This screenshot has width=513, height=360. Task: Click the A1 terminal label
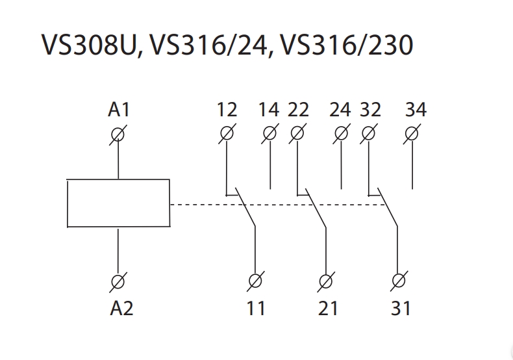coord(119,110)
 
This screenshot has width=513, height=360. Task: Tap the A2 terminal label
coord(121,307)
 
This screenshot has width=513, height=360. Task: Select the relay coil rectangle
coord(118,203)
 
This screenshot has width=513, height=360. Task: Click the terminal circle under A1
coord(118,134)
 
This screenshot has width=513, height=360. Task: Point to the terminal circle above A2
coord(118,282)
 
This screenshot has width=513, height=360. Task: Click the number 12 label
coord(227,110)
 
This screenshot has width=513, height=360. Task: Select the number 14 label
coord(268,110)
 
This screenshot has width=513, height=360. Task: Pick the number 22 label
coord(298,110)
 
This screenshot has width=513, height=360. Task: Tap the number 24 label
coord(340,110)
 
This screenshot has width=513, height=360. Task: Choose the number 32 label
coord(369,110)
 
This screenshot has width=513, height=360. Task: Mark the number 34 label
coord(416,110)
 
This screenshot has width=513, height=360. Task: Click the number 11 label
coord(256,307)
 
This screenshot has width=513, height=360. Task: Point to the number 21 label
coord(328,307)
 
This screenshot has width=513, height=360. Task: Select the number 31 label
coord(400,307)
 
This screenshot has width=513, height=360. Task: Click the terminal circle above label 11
coord(255,282)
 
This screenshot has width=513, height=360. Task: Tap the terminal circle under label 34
coord(412,134)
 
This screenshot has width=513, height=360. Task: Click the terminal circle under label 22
coord(297,134)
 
